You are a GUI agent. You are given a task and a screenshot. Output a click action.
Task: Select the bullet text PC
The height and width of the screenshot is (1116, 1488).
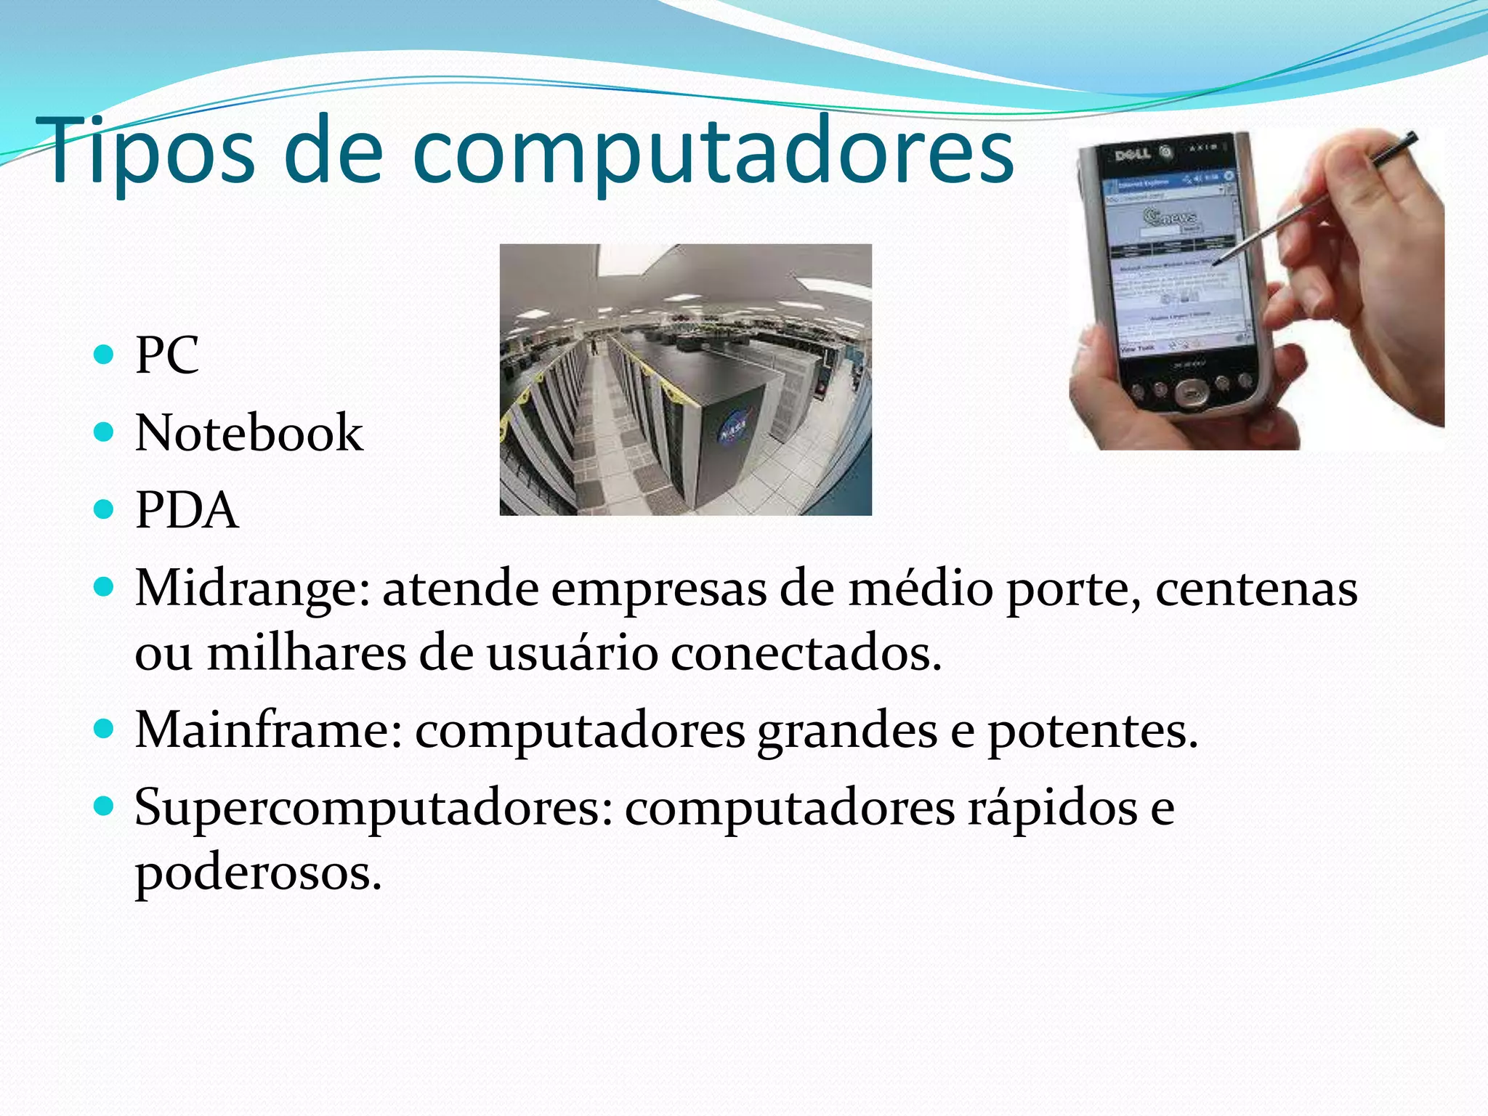(x=167, y=355)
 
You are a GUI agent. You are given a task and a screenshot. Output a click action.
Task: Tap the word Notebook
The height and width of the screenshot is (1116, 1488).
(x=249, y=433)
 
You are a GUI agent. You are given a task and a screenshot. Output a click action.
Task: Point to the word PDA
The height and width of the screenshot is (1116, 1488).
(x=187, y=510)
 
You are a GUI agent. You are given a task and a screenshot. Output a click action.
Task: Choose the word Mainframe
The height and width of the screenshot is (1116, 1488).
(x=268, y=730)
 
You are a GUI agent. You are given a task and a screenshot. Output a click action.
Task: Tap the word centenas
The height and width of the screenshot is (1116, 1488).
(x=1256, y=589)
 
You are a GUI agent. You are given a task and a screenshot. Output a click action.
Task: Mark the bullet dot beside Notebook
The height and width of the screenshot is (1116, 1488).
(x=105, y=432)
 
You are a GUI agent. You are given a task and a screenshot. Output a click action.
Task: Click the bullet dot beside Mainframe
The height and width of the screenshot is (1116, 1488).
(x=105, y=729)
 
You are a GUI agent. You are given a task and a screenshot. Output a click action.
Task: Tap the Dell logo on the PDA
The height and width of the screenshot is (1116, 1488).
(x=1132, y=154)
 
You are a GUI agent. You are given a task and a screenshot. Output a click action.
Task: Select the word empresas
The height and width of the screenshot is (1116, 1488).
(x=658, y=589)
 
